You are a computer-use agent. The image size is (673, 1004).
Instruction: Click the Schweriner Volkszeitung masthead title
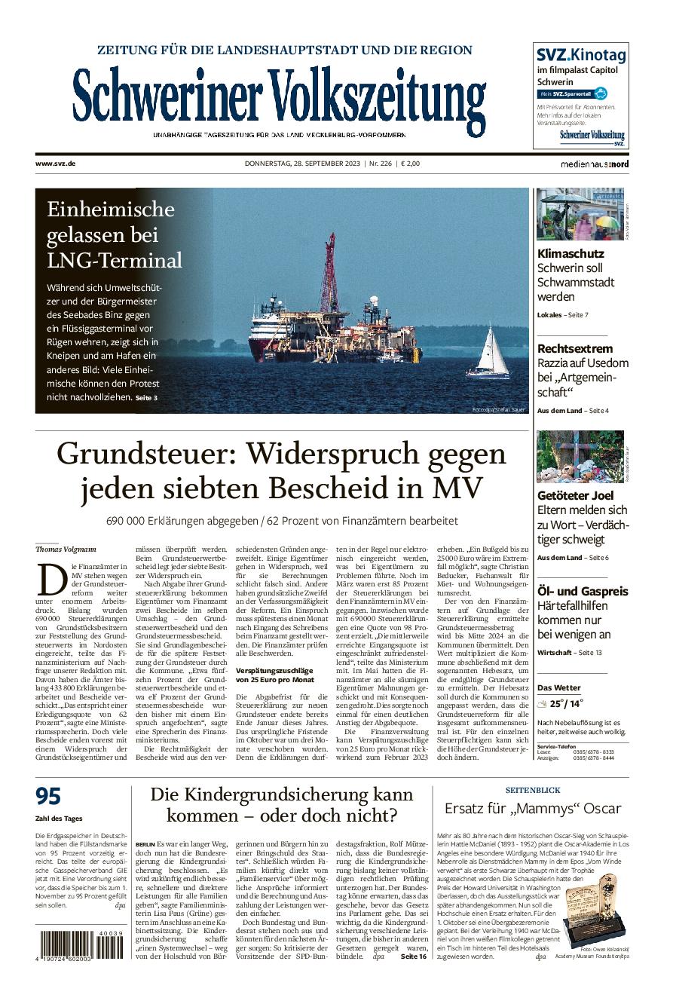point(279,98)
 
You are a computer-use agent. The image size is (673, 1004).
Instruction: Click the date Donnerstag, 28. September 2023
point(302,164)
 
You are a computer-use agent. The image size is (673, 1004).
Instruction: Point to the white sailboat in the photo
point(490,352)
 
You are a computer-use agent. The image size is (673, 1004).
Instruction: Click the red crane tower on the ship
point(329,275)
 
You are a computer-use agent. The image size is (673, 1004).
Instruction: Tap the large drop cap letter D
point(50,581)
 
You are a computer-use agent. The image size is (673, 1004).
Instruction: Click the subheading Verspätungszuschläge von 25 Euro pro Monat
point(274,675)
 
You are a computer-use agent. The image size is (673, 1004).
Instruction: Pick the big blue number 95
point(48,797)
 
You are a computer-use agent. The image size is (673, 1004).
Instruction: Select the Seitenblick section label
point(532,790)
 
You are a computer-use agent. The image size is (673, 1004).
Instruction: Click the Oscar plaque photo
point(595,914)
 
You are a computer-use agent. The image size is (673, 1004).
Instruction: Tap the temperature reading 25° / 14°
point(566,704)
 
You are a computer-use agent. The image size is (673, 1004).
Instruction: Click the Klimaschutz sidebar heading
point(571,254)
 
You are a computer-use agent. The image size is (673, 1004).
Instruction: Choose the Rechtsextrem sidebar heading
point(575,349)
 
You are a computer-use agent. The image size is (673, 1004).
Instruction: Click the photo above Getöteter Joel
point(580,457)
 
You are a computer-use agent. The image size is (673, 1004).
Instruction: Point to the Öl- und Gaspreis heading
point(583,592)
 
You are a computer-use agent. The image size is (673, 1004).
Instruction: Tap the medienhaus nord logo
point(594,164)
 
